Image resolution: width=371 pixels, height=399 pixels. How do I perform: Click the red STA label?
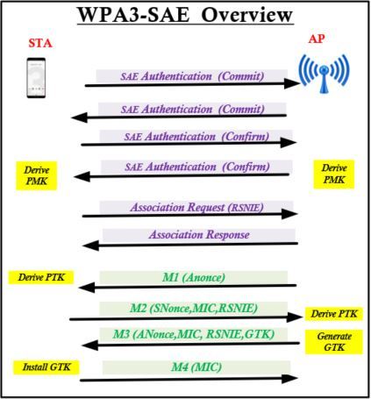pyautogui.click(x=40, y=43)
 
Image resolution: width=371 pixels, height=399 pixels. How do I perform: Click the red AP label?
pyautogui.click(x=317, y=39)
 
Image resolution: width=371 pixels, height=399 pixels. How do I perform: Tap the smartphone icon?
pyautogui.click(x=36, y=78)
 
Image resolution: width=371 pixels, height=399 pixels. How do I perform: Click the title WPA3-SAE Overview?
pyautogui.click(x=185, y=15)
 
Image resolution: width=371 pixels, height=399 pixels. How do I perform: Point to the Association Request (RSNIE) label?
pyautogui.click(x=196, y=207)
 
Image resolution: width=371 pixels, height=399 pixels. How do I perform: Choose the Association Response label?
pyautogui.click(x=199, y=234)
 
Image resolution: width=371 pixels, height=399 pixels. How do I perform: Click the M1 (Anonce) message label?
pyautogui.click(x=194, y=277)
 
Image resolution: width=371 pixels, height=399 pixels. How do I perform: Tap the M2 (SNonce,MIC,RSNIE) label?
pyautogui.click(x=193, y=308)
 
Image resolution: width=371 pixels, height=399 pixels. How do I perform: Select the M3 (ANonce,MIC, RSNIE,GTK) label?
pyautogui.click(x=194, y=334)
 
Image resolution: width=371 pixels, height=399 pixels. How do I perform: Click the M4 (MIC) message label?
pyautogui.click(x=196, y=367)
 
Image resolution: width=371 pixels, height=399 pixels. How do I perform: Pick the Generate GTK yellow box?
pyautogui.click(x=334, y=342)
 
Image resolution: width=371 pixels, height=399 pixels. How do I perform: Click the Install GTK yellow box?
pyautogui.click(x=46, y=367)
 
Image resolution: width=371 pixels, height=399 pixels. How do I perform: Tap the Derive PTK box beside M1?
pyautogui.click(x=41, y=277)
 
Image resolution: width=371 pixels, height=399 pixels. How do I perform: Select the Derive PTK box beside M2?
pyautogui.click(x=334, y=314)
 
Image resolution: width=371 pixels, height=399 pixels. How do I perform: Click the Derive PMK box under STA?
pyautogui.click(x=36, y=175)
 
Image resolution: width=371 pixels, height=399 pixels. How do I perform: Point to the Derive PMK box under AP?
pyautogui.click(x=334, y=174)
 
